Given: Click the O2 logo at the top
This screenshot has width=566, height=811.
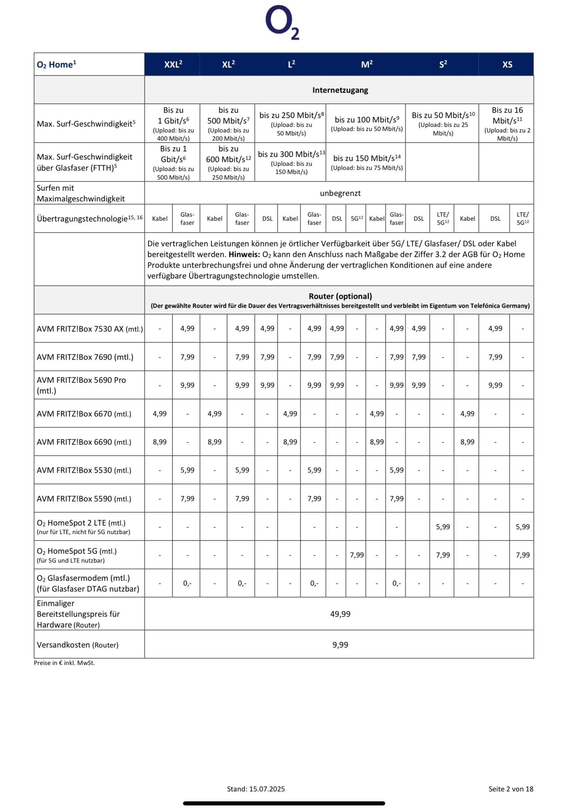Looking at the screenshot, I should [x=282, y=22].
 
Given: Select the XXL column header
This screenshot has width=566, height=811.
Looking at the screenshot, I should [x=173, y=65].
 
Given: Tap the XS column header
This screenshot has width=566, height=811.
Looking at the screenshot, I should [x=507, y=65].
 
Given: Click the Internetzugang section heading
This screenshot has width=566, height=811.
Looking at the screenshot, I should [x=340, y=90].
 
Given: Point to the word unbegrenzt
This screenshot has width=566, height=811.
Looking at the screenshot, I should [x=340, y=193].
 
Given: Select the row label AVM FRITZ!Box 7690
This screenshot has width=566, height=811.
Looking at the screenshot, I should [x=85, y=357].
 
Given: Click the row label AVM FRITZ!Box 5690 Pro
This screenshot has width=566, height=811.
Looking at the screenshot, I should [x=81, y=385].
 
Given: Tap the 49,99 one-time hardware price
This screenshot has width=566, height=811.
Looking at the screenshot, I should [x=340, y=614].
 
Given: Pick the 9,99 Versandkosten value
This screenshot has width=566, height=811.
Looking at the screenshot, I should [x=340, y=645].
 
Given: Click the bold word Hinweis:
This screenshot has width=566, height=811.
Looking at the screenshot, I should [x=244, y=255].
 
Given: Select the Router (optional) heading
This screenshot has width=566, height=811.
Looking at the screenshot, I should [x=340, y=296].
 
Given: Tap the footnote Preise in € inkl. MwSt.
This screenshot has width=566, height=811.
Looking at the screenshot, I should [x=64, y=663].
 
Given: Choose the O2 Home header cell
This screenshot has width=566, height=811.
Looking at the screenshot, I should [x=56, y=65].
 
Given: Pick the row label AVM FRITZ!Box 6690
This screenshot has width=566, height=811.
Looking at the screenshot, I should [x=84, y=442].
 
